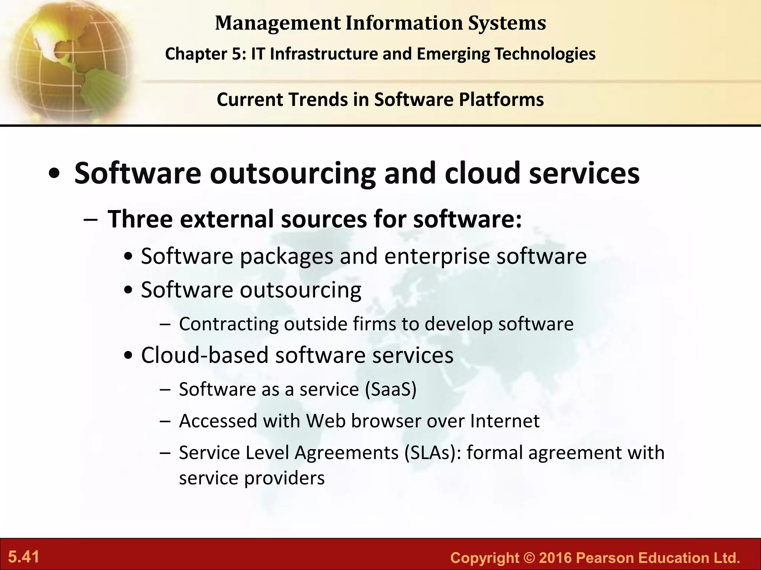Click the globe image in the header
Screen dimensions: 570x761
(x=67, y=59)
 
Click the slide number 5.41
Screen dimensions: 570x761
(x=24, y=557)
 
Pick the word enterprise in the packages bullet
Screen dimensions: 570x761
(x=437, y=256)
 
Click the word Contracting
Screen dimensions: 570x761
(x=229, y=324)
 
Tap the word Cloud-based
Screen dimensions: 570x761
(x=205, y=355)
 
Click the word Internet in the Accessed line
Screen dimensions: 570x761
(x=505, y=421)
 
